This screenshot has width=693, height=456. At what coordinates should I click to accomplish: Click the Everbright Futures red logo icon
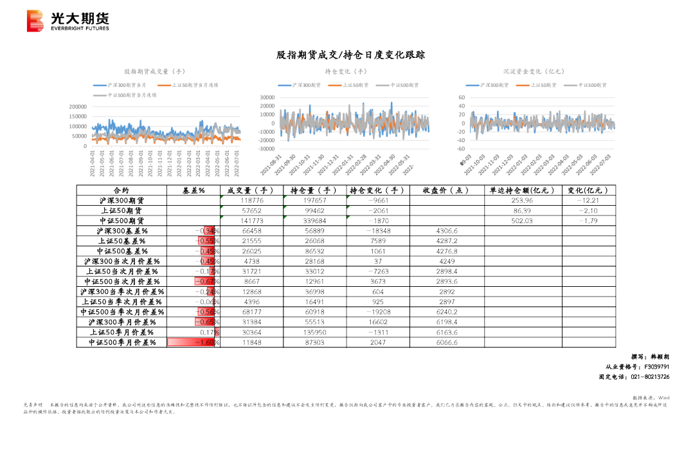pos(36,21)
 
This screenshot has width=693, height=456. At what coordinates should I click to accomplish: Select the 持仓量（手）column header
pos(314,190)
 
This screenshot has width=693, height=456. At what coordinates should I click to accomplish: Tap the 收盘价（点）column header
pos(446,190)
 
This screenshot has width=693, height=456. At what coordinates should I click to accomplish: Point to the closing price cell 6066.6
pos(446,343)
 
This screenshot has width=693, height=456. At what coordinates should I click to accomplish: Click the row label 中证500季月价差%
pos(122,343)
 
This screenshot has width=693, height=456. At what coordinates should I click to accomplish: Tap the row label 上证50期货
pos(122,211)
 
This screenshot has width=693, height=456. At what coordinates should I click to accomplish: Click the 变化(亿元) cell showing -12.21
pos(588,201)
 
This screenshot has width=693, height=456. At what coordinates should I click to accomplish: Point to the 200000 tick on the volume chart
pos(77,107)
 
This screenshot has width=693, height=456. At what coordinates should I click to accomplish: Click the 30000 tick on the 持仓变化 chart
pos(266,98)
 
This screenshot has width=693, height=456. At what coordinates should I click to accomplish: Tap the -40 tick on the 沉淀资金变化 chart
pos(460,141)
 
